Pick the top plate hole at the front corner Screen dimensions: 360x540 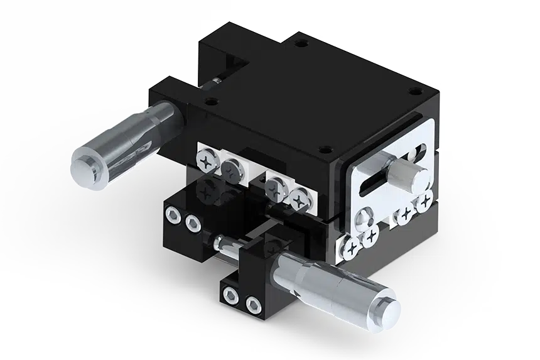pyautogui.click(x=323, y=150)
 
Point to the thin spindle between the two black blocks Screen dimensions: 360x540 pyautogui.click(x=239, y=247)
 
